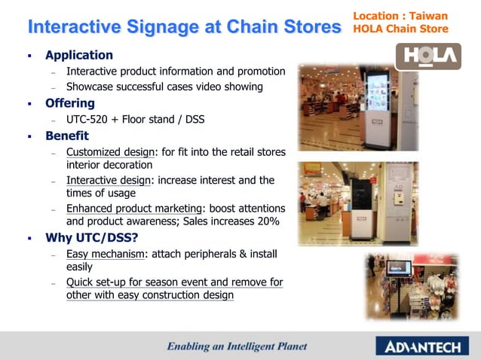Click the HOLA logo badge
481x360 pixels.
click(x=427, y=56)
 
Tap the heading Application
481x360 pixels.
click(x=79, y=55)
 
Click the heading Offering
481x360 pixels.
click(x=70, y=103)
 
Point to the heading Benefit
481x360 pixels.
click(x=67, y=136)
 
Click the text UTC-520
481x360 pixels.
click(x=87, y=120)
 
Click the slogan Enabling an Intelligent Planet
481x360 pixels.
click(x=237, y=346)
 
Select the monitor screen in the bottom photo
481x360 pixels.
click(x=400, y=267)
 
